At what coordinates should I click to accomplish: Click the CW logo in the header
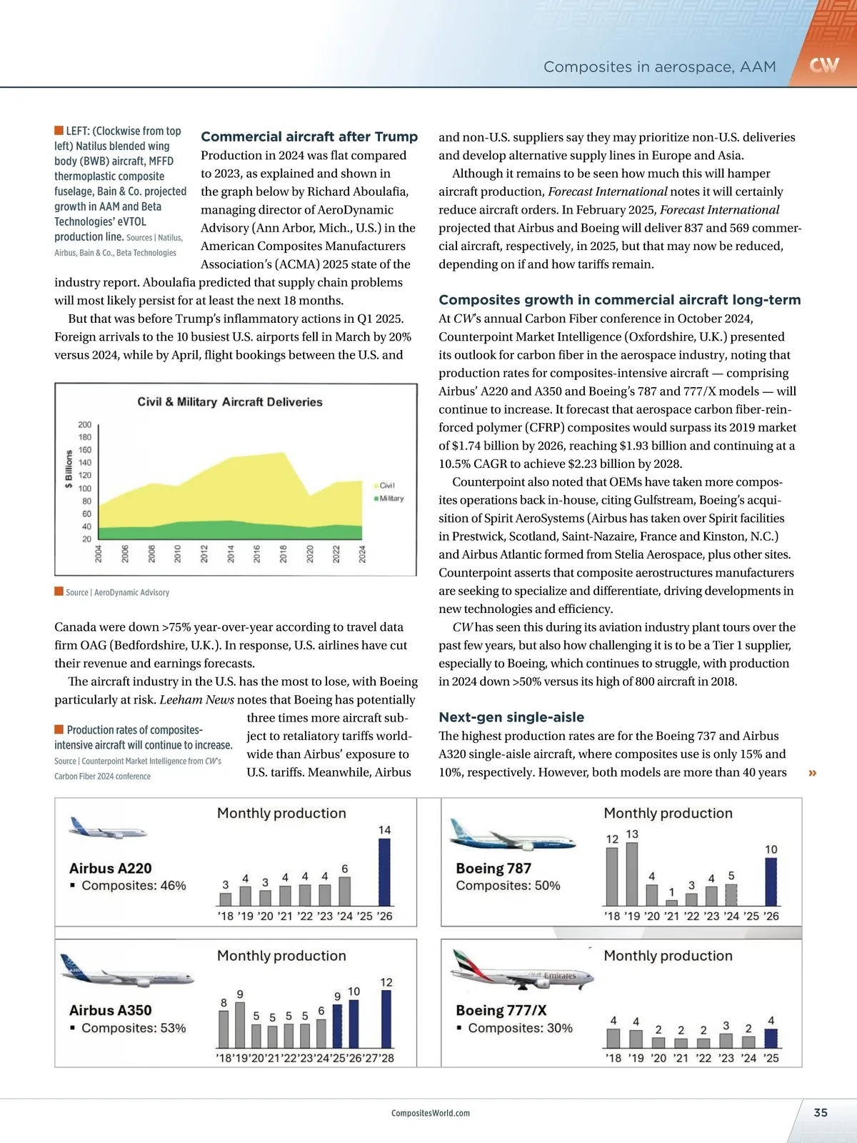pos(823,66)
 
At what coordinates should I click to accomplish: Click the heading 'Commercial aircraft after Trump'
pos(309,136)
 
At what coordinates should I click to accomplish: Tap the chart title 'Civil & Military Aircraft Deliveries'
pos(230,401)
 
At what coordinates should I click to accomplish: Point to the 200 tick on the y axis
pos(85,424)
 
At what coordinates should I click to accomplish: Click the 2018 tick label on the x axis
pos(284,554)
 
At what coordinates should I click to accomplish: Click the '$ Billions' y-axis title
pos(69,469)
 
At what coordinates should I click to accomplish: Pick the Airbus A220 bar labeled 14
pos(384,872)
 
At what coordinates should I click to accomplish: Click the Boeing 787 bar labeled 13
pos(632,874)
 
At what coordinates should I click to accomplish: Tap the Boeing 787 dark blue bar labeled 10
pos(771,882)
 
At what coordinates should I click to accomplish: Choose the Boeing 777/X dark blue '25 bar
pos(771,1038)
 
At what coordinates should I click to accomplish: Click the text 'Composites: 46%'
pos(134,886)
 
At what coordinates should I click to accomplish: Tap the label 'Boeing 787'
pos(493,869)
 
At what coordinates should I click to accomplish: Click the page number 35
pos(821,1112)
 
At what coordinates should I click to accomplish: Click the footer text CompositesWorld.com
pos(431,1113)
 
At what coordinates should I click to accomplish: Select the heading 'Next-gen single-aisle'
pos(511,717)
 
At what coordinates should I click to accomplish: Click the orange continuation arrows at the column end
pos(812,773)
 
